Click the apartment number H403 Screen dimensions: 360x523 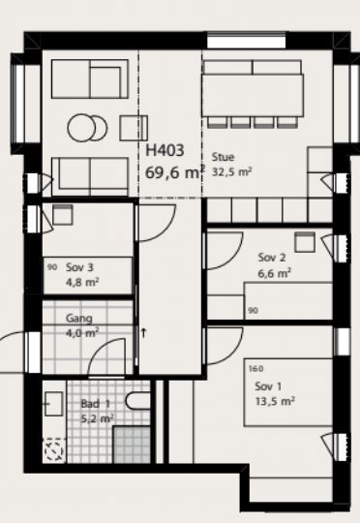165,150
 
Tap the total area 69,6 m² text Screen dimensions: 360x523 175,172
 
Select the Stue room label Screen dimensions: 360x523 223,157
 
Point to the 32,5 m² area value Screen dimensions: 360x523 231,172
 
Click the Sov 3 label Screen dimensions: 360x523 79,267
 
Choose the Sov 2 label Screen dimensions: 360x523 272,258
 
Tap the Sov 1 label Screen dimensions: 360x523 268,386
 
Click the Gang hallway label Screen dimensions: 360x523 79,319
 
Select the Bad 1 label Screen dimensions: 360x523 96,404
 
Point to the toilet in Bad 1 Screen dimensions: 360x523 138,401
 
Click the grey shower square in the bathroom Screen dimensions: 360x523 132,445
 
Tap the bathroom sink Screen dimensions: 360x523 53,404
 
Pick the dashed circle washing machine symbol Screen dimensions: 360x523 54,450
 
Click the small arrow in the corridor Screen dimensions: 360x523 143,332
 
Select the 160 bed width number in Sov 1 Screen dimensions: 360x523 255,369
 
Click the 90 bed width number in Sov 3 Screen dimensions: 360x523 52,267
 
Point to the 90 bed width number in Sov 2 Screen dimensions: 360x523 253,311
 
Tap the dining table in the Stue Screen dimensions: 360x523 253,95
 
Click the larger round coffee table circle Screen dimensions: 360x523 81,128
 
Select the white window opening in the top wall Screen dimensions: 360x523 247,43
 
